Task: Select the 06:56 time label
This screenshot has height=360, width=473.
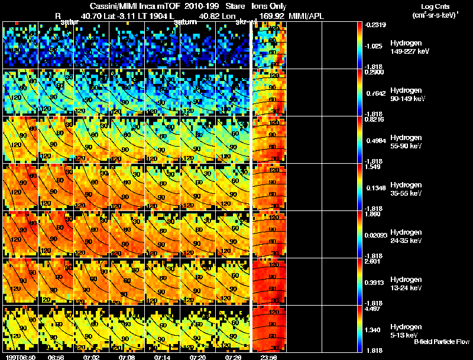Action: [56, 358]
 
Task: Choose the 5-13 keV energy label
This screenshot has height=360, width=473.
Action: [406, 335]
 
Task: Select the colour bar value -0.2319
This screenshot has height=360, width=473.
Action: [377, 24]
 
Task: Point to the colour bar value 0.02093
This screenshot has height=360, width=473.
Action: [376, 235]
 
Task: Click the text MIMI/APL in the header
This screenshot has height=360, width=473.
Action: [303, 17]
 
